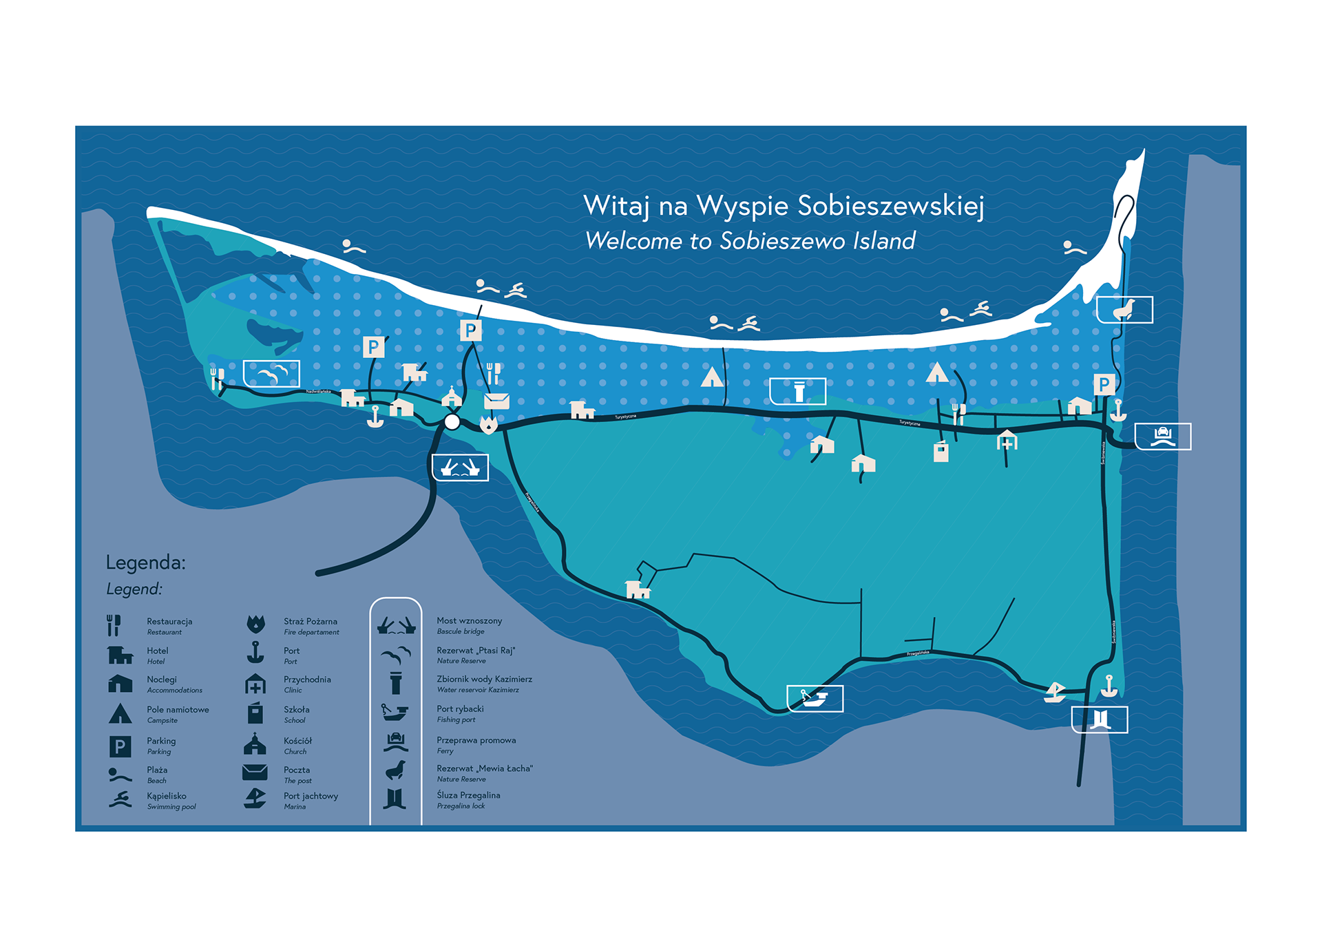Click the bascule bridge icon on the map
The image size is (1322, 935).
(460, 467)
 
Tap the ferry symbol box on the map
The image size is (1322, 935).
(1162, 437)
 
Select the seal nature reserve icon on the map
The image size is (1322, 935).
(1124, 310)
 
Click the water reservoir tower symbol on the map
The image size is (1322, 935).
(798, 391)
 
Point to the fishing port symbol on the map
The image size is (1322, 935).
(815, 699)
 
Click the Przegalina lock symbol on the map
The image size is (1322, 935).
(1100, 719)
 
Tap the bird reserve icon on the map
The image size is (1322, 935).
(271, 374)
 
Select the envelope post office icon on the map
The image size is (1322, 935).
(496, 401)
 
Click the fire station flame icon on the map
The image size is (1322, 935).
(488, 424)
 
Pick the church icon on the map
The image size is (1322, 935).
(452, 397)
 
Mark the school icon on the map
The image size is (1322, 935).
(941, 451)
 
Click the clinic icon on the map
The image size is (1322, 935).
(1007, 441)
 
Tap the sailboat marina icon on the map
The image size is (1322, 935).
(1054, 692)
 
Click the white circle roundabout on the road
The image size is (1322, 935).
(452, 422)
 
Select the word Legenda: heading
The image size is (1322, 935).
(146, 563)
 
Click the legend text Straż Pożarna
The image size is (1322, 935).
(311, 621)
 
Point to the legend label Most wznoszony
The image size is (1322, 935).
(469, 620)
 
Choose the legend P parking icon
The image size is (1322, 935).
(120, 746)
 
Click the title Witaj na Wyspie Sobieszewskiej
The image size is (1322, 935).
(784, 206)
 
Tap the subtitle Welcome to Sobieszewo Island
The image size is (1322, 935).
(750, 241)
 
